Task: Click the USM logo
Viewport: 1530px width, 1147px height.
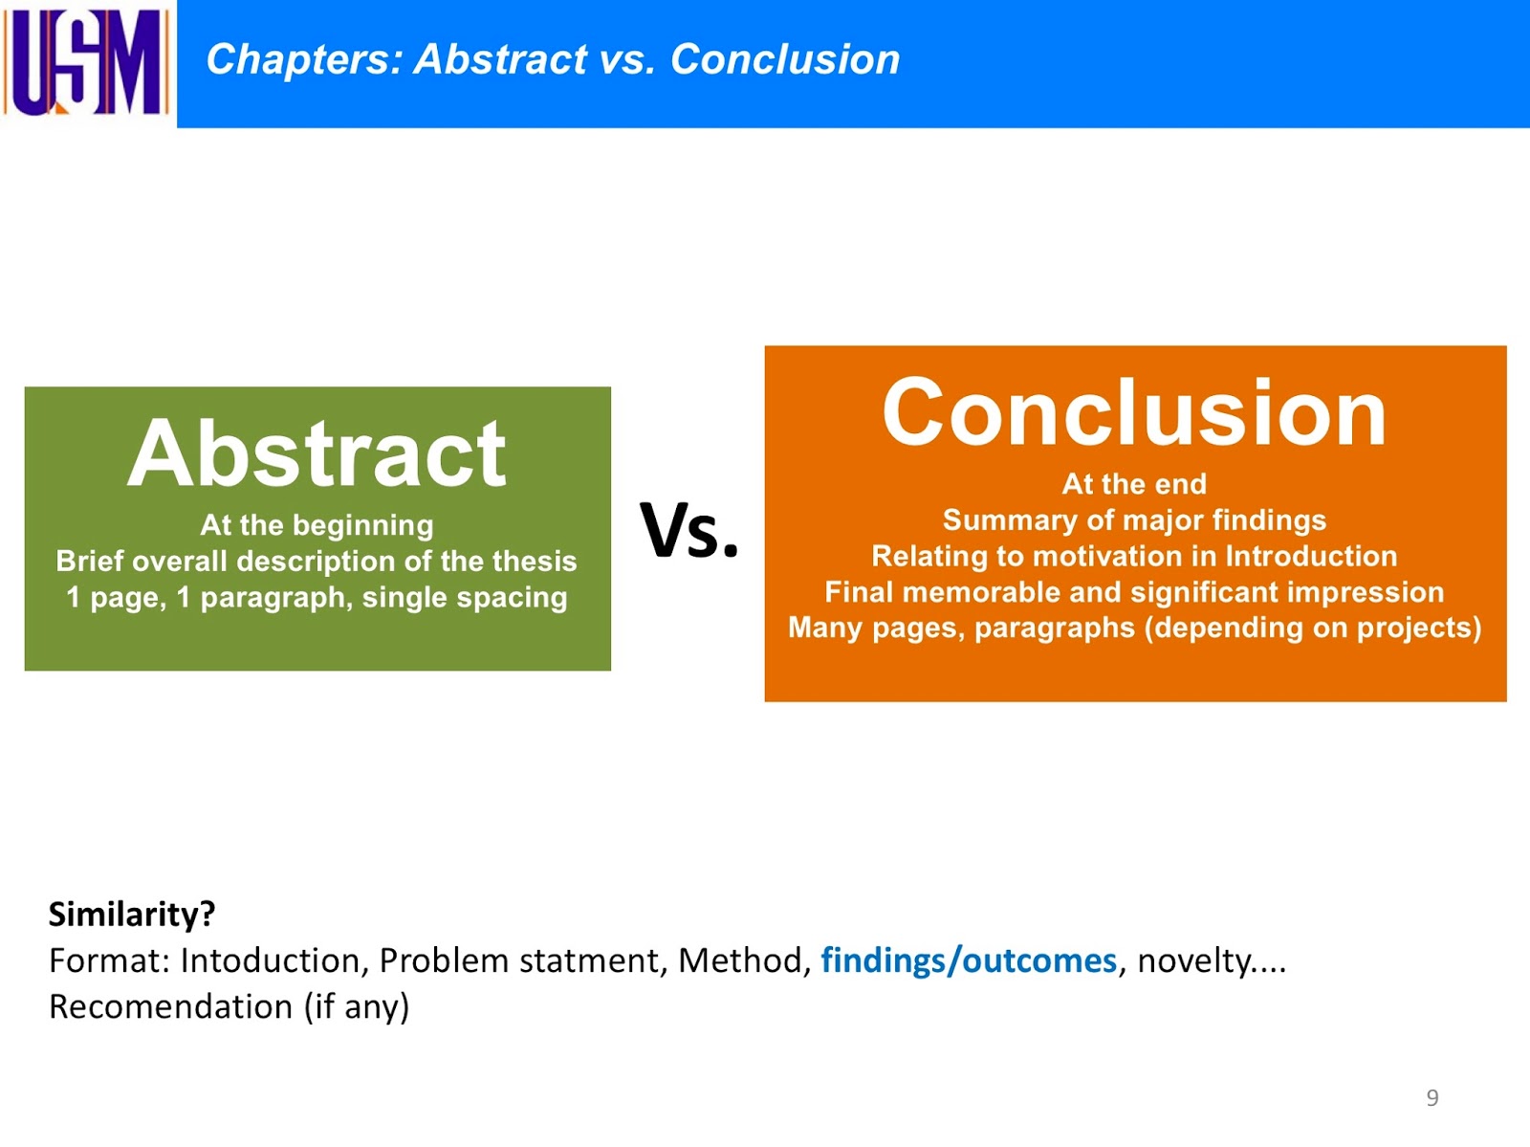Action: point(86,61)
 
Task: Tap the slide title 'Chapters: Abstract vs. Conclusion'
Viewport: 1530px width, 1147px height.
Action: point(553,59)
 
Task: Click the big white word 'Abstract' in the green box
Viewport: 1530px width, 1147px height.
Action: point(317,453)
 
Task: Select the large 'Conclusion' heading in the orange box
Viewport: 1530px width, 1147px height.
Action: point(1134,412)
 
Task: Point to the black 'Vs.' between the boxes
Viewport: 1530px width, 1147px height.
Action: point(688,531)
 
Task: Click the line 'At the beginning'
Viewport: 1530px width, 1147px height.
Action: point(317,525)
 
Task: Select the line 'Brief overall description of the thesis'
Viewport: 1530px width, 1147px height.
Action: point(317,561)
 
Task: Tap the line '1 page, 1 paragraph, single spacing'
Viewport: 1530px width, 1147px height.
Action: point(317,598)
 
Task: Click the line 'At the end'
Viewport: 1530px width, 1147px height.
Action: point(1134,484)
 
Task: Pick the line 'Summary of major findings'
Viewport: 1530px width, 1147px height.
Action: point(1134,520)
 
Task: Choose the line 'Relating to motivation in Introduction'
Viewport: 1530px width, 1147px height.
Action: point(1134,557)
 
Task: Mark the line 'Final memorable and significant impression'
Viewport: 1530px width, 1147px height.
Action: point(1134,592)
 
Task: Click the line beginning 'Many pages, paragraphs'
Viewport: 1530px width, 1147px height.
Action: point(1134,628)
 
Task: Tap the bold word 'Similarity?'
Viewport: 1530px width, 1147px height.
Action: point(132,915)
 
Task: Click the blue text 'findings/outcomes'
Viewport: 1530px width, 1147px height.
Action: point(969,960)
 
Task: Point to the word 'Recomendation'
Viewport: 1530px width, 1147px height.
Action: point(171,1006)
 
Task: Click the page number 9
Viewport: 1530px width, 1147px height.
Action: point(1432,1097)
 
